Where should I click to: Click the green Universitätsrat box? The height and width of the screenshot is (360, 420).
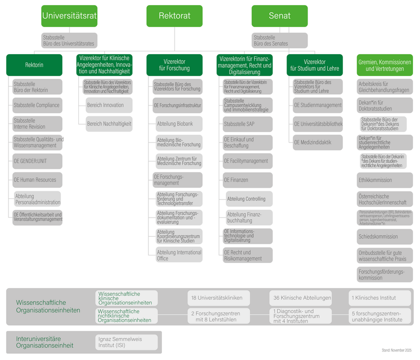click(70, 16)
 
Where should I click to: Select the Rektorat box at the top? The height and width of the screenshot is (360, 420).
click(175, 16)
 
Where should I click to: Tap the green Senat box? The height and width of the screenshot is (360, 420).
click(280, 16)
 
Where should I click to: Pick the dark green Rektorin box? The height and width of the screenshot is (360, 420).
click(34, 65)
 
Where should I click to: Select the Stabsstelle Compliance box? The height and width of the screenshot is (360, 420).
click(37, 105)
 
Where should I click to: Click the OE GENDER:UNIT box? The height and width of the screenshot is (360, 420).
click(37, 161)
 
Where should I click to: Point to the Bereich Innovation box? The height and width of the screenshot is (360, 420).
click(109, 105)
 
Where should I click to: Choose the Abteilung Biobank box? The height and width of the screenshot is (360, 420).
click(179, 124)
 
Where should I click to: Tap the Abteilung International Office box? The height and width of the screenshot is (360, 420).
click(179, 255)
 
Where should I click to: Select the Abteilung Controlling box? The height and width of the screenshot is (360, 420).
click(249, 199)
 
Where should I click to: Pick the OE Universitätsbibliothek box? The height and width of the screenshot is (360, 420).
click(317, 124)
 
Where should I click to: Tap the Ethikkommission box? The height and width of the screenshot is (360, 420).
click(385, 180)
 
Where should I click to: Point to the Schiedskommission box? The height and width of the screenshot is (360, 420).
click(385, 236)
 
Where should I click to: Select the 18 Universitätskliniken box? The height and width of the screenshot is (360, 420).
click(216, 298)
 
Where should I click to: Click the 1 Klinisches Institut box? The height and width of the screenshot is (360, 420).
click(380, 298)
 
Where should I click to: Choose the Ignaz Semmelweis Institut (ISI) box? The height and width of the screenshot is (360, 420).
click(127, 343)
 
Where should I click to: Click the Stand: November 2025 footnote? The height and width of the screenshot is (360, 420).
click(397, 350)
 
